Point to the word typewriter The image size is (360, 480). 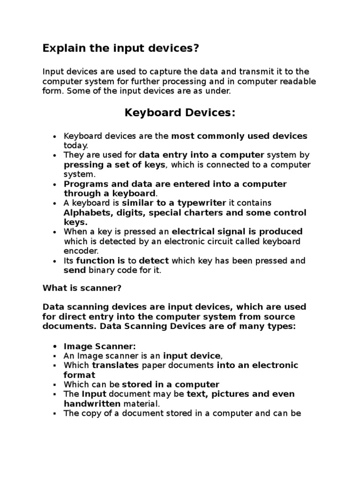(203, 203)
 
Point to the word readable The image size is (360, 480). (298, 82)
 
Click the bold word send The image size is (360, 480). (75, 270)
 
